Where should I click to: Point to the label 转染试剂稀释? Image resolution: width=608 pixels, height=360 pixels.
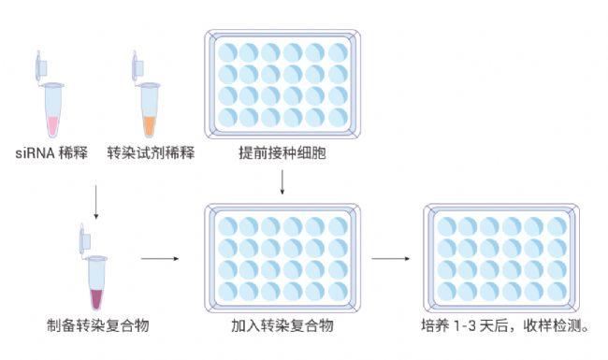(x=151, y=152)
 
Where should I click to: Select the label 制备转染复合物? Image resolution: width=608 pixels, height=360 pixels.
(x=98, y=326)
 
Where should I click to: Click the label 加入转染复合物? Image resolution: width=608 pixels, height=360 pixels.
(x=282, y=326)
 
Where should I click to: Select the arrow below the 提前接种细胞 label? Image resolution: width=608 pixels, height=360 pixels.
(x=282, y=184)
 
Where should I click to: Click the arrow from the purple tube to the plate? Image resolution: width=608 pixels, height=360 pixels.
(x=160, y=258)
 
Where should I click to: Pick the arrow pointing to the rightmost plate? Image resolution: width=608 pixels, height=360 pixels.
(x=391, y=258)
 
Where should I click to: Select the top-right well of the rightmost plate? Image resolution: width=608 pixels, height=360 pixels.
(x=557, y=226)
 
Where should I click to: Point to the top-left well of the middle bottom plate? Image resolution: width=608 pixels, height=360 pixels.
(x=228, y=226)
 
